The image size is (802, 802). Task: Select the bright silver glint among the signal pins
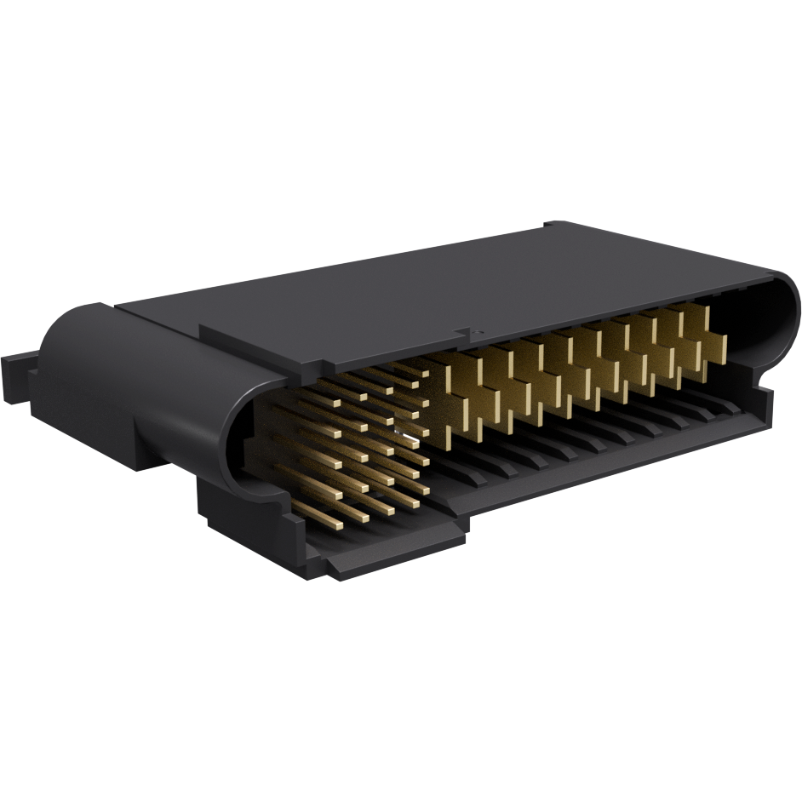point(409,440)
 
